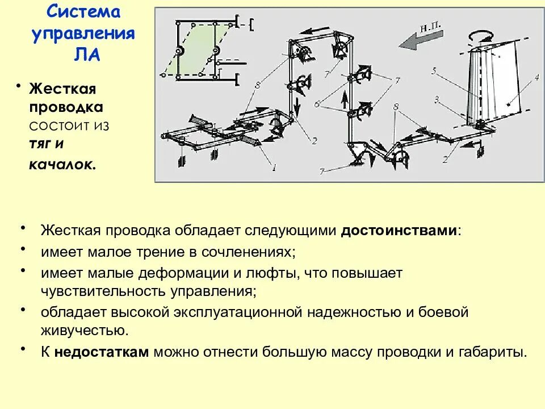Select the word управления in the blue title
coord(83,33)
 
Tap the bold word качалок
coord(62,164)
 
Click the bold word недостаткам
coord(102,352)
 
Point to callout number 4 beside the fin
coord(535,79)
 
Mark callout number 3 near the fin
coord(437,100)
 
